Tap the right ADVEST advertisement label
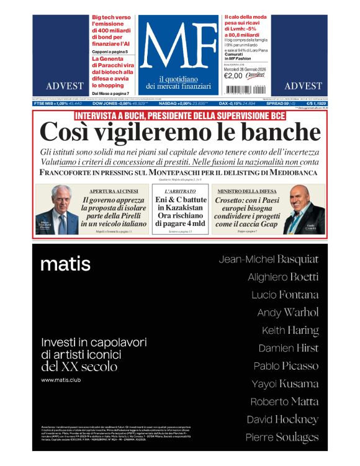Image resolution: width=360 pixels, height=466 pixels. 302,86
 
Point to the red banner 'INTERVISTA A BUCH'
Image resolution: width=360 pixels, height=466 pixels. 180,115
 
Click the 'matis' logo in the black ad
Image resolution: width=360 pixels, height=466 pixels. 65,264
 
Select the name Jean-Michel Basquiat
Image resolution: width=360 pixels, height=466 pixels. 268,259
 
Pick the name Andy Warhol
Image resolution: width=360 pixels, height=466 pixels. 287,312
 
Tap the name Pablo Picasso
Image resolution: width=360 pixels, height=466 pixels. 286,365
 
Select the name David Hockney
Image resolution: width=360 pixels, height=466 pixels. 282,419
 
